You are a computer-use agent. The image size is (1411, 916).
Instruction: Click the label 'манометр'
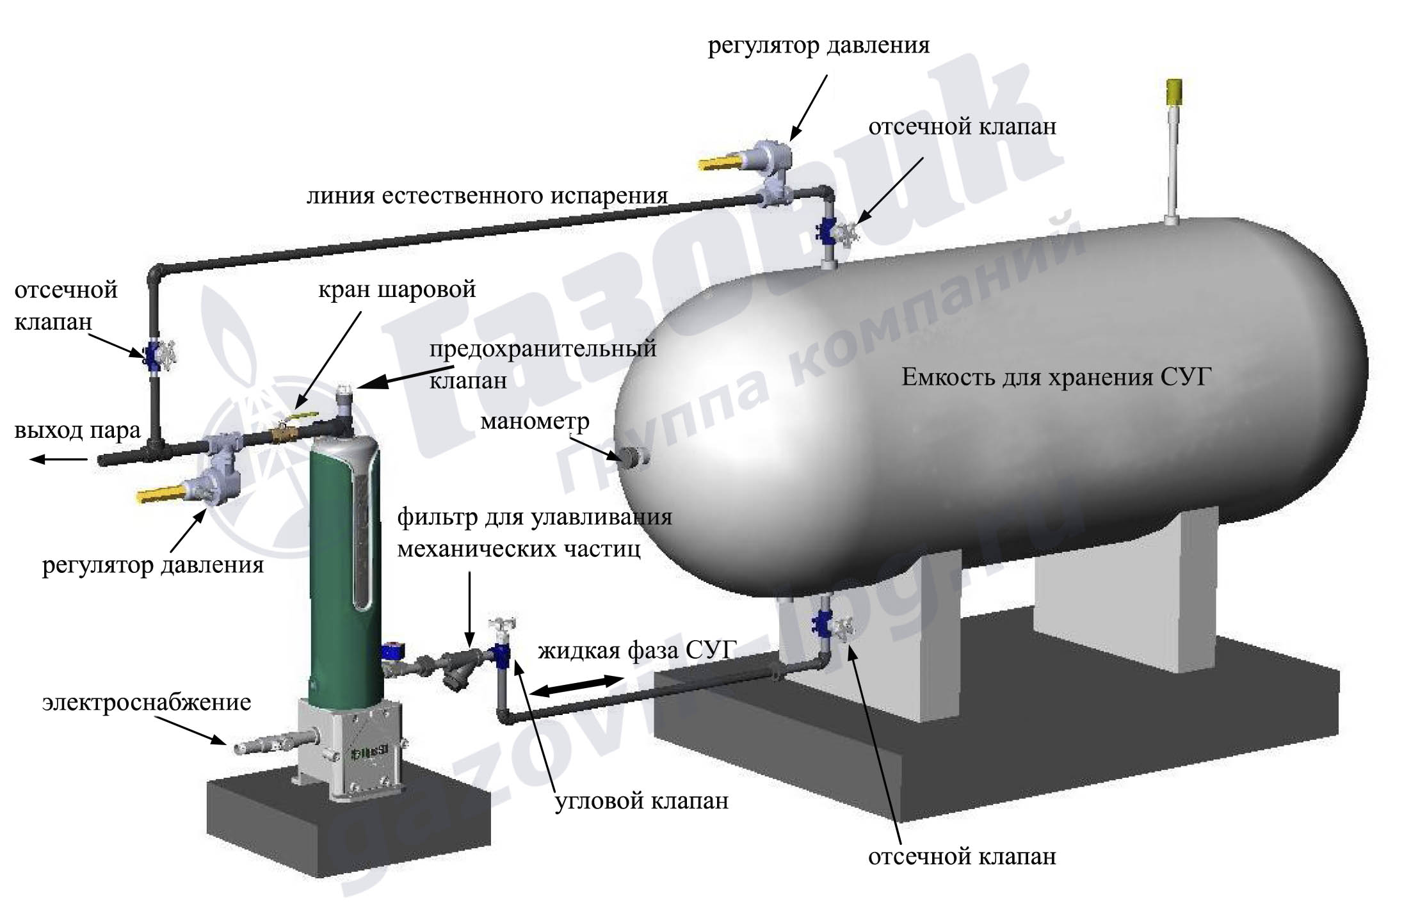coord(535,421)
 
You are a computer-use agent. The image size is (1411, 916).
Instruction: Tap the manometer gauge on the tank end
coord(633,456)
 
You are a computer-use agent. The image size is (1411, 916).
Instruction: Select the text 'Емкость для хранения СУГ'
coord(1057,377)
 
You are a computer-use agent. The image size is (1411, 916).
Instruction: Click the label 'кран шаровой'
coord(397,289)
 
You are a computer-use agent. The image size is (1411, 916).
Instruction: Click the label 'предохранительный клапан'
coord(543,364)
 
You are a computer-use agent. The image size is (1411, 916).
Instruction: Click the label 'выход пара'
coord(77,430)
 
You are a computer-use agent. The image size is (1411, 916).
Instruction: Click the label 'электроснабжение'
coord(147,702)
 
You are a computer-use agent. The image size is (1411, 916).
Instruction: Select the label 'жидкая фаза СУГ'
coord(634,650)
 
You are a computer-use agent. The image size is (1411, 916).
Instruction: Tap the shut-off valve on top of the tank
coord(835,233)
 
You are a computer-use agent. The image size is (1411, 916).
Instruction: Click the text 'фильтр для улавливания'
coord(535,517)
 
